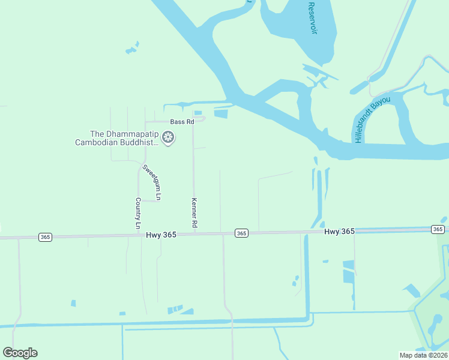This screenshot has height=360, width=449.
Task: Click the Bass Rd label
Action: (x=182, y=122)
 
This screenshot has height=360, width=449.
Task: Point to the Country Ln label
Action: (x=137, y=214)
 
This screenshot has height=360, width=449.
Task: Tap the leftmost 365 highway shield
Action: (x=45, y=237)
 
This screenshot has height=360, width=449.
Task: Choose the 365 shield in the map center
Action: (x=241, y=233)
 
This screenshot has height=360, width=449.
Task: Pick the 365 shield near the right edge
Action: (x=438, y=229)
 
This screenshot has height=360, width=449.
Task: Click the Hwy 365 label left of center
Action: (x=161, y=235)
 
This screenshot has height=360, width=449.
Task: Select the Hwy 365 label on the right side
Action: (x=340, y=231)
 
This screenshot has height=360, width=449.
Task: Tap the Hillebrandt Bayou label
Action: (x=372, y=119)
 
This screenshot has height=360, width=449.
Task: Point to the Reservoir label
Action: (x=312, y=18)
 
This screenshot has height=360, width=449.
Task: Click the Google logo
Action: (x=20, y=353)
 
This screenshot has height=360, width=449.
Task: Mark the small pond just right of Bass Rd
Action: (x=198, y=112)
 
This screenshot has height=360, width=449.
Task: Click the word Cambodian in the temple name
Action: (x=98, y=143)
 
